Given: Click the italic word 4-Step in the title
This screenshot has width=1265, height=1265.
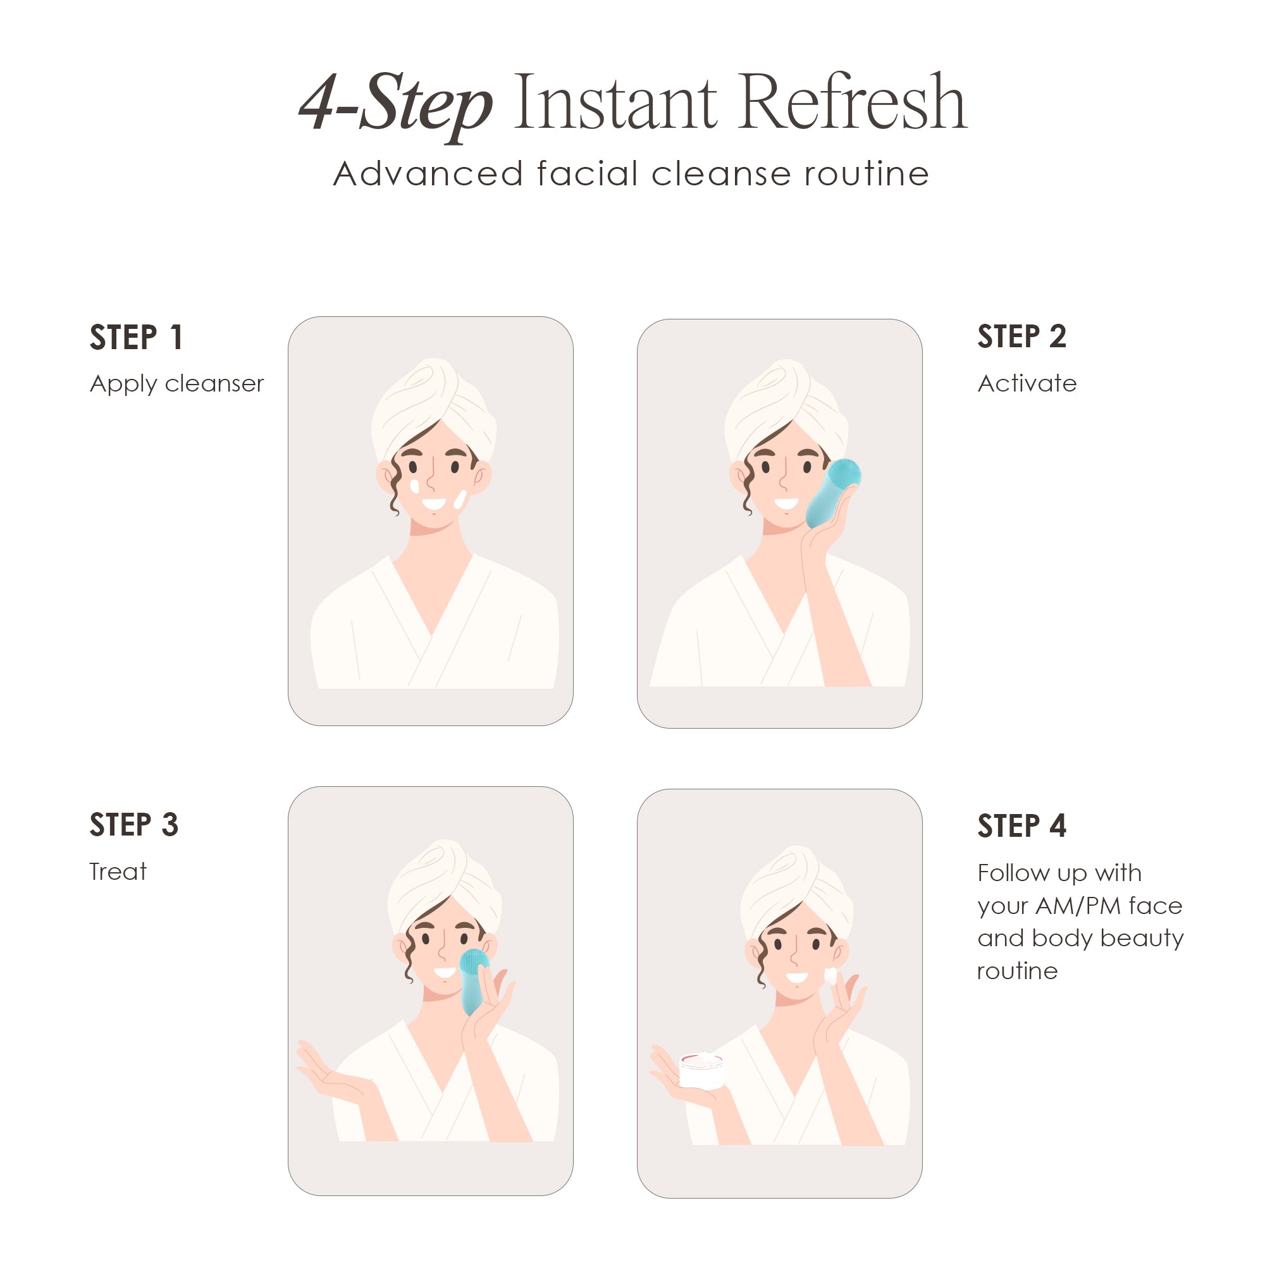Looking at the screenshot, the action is point(395,105).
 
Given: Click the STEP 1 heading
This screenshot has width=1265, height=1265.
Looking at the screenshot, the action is point(136,337).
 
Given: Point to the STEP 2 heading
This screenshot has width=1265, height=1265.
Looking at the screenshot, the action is point(1022,336).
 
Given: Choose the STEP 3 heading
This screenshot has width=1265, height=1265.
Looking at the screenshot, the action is point(134,824).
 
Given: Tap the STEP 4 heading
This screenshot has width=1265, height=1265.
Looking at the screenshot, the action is point(1022,825).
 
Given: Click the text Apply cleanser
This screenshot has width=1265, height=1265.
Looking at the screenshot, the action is point(177,384).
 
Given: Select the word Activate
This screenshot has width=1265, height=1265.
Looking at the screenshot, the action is point(1027,383).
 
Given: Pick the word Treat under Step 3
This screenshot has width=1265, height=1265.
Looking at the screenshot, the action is point(118,872).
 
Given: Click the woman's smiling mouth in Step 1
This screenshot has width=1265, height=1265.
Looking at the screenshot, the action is point(433,503).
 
